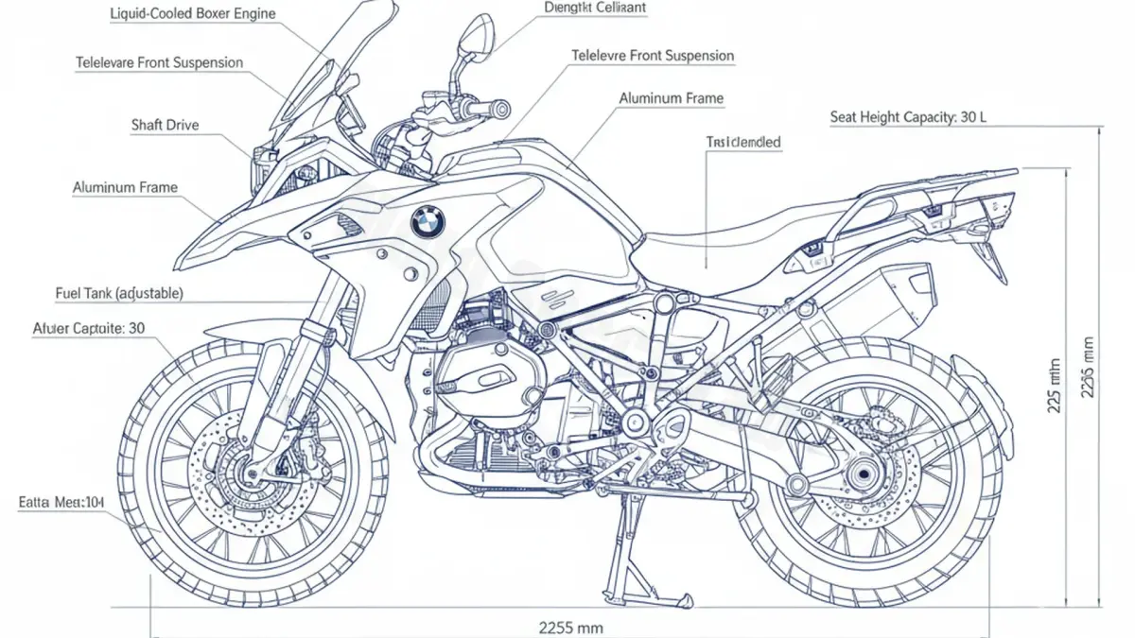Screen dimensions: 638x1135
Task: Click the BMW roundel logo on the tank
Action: coord(428,222)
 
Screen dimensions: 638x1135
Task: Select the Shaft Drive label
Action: coord(166,125)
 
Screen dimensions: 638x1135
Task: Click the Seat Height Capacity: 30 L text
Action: coord(909,117)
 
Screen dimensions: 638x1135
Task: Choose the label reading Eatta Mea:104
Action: coord(61,503)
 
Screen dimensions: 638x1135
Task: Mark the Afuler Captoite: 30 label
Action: coord(88,329)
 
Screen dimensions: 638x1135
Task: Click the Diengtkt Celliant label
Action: coord(595,8)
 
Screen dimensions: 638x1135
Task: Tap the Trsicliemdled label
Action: coord(743,143)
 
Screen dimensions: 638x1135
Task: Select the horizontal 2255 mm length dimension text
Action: coord(570,627)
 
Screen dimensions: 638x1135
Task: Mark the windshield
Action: coord(313,76)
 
